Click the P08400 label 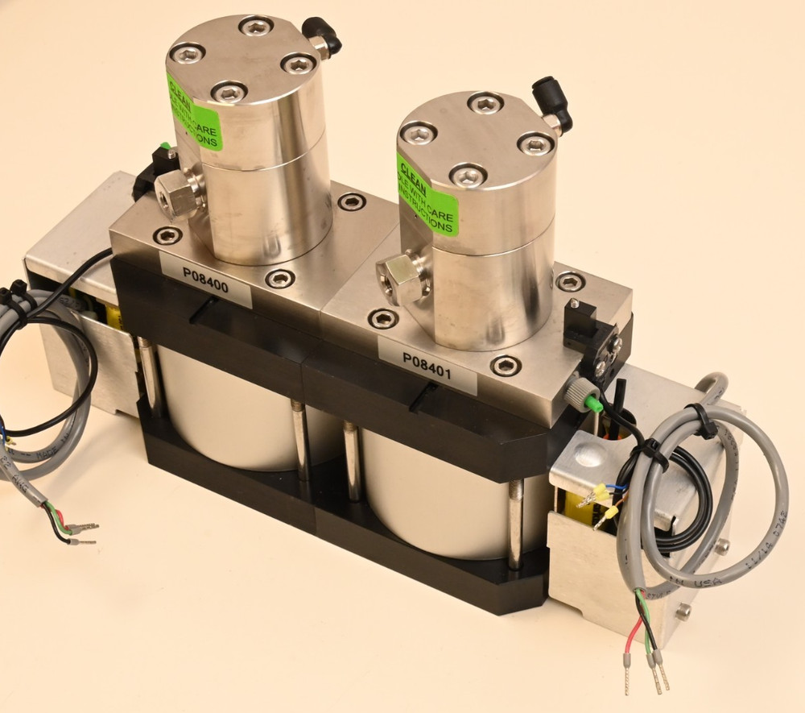205,280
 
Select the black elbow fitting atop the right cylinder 555,109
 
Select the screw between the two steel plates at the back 352,201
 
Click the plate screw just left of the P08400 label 167,236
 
